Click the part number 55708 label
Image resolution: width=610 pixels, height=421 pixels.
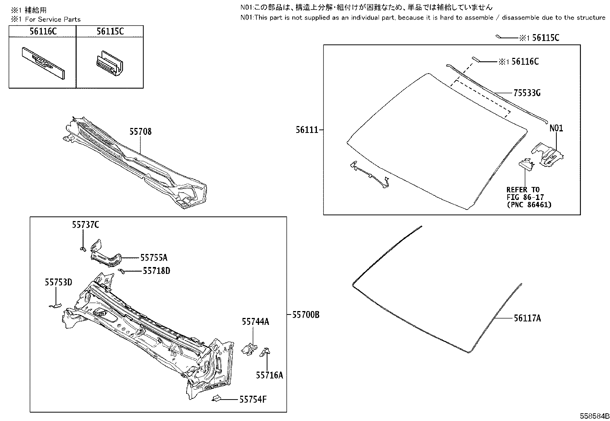140,132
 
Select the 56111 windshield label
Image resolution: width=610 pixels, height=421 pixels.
307,130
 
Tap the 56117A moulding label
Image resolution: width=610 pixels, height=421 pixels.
527,318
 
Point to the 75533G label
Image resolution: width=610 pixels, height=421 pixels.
527,93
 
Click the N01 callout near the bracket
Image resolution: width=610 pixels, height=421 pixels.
556,128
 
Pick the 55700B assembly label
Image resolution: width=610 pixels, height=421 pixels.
305,315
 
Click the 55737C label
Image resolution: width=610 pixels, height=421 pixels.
85,225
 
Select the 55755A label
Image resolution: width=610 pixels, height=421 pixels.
154,258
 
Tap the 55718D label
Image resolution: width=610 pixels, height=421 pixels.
156,271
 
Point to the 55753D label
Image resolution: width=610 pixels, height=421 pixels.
58,282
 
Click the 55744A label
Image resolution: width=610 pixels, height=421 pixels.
255,322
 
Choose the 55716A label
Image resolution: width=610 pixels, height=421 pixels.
269,375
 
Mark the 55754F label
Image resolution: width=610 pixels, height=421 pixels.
253,400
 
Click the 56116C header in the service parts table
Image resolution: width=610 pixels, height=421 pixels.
43,31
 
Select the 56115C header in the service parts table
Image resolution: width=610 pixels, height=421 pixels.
110,31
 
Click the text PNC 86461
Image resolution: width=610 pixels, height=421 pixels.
529,205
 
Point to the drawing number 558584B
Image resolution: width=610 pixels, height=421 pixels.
594,416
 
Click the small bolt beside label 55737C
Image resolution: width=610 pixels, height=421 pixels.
82,249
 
